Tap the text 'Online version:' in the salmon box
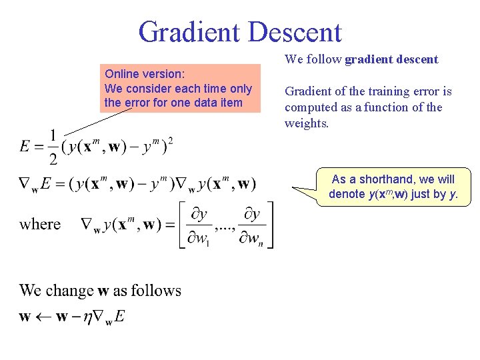click(145, 74)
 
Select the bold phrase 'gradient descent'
click(391, 59)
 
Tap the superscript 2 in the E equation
click(171, 140)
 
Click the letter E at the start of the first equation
click(25, 147)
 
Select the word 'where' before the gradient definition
click(40, 225)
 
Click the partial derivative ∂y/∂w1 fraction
click(199, 225)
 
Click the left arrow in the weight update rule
click(43, 317)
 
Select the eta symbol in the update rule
click(86, 317)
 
